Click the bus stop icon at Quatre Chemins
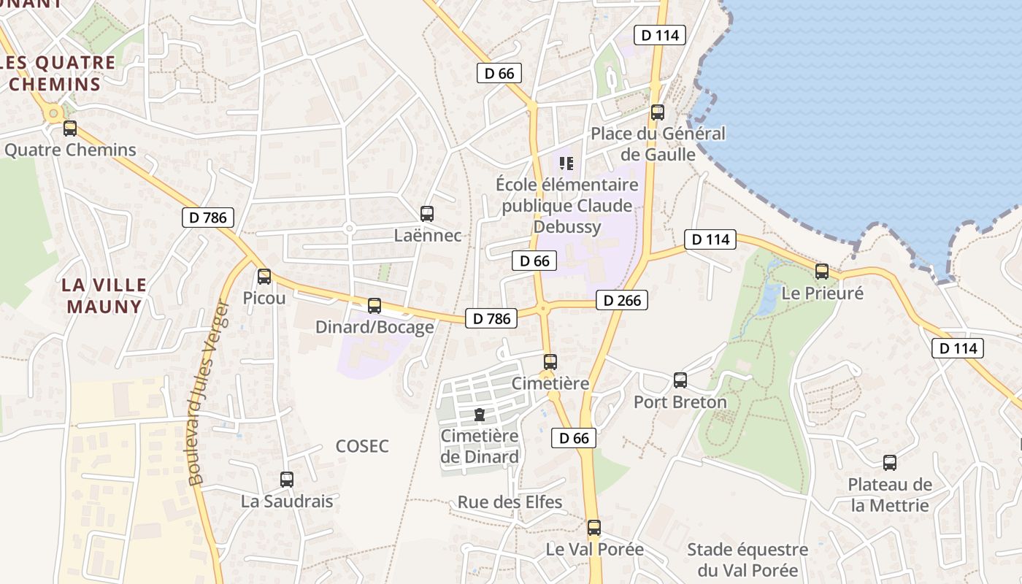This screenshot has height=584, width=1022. [69, 128]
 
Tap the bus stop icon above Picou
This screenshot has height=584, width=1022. [264, 277]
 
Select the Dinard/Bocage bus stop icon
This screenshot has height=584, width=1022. [374, 306]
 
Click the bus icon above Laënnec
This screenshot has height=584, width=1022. [427, 214]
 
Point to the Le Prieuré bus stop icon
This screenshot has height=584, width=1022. [822, 272]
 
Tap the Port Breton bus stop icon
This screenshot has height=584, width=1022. [680, 380]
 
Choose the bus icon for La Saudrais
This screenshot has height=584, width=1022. [287, 480]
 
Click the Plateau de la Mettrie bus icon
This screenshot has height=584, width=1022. [890, 462]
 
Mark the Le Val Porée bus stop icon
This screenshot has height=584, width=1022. [594, 527]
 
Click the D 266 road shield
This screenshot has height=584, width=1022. [622, 300]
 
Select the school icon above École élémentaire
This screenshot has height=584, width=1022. [566, 164]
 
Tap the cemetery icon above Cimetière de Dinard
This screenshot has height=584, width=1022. [479, 415]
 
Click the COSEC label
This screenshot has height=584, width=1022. [362, 446]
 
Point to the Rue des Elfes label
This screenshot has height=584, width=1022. [510, 502]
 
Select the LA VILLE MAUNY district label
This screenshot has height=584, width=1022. [104, 295]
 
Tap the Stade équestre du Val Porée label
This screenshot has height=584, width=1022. [748, 559]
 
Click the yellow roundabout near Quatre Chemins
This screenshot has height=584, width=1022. [53, 113]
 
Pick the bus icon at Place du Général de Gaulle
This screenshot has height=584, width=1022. [657, 112]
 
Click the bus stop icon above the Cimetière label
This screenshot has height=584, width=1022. [550, 361]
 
